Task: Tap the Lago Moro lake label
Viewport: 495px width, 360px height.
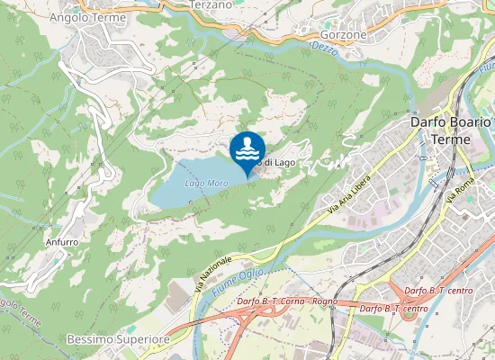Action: click(205, 183)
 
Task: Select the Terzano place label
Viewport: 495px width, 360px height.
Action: click(212, 4)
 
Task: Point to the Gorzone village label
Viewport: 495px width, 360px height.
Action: click(345, 34)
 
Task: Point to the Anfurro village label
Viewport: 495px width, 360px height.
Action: click(61, 242)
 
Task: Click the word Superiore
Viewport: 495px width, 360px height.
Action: click(144, 340)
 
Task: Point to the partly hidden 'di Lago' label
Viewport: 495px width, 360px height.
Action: click(278, 162)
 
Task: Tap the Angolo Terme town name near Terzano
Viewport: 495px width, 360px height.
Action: click(87, 17)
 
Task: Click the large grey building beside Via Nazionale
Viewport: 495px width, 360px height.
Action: click(181, 297)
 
